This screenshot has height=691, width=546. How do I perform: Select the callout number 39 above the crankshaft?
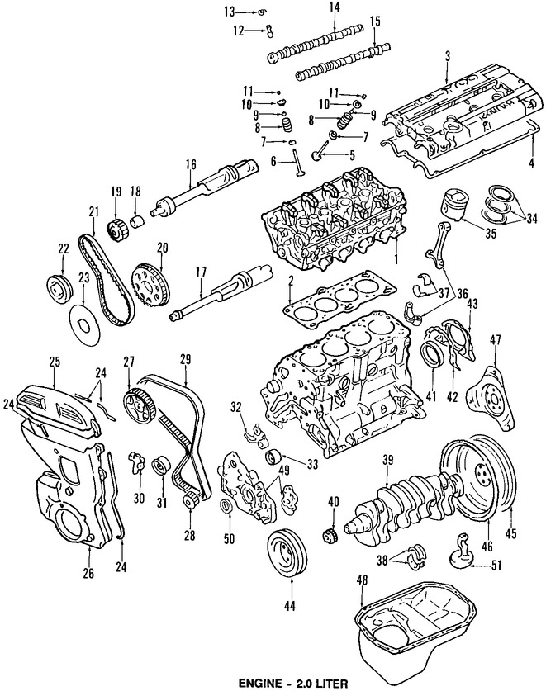click(x=386, y=461)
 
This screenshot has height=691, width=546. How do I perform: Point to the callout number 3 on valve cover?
click(x=447, y=56)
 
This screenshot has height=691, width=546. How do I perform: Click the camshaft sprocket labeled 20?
click(x=149, y=281)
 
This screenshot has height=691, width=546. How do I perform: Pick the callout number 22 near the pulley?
click(x=64, y=248)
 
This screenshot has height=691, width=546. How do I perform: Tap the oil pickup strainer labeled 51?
click(x=459, y=556)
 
